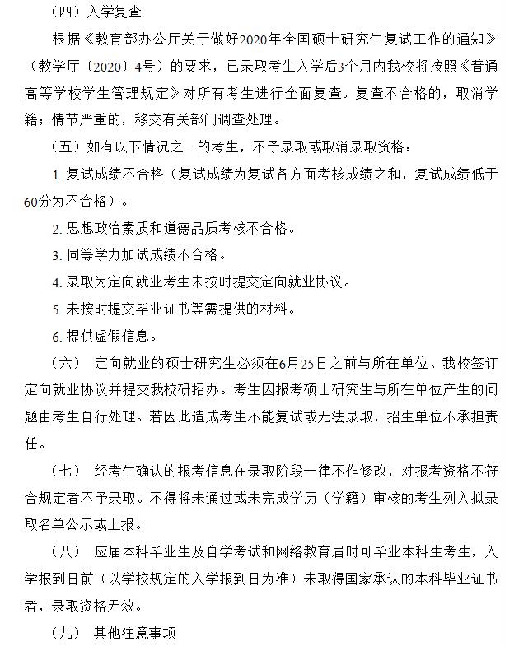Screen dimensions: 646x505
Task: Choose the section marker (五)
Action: [x=67, y=147]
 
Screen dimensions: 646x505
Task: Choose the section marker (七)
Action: [x=67, y=471]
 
